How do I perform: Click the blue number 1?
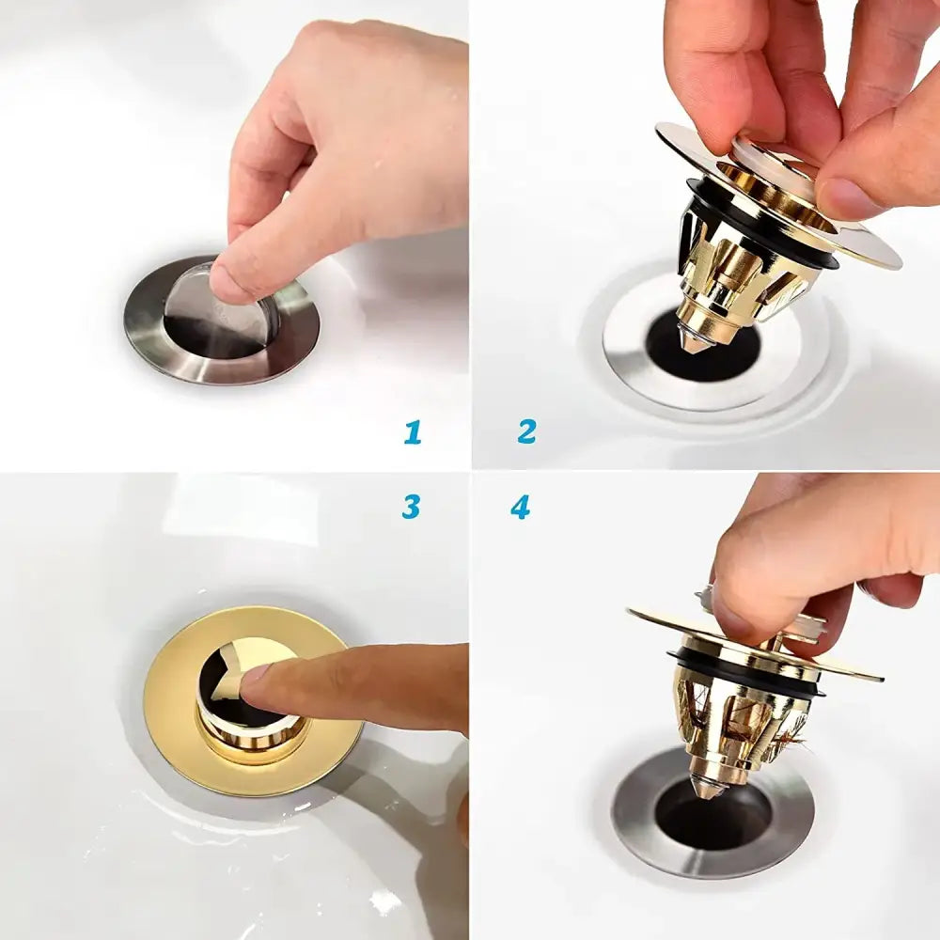point(413,431)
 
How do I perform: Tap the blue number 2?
point(526,431)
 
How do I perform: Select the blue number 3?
point(411,507)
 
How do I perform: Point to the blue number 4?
point(521,508)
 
